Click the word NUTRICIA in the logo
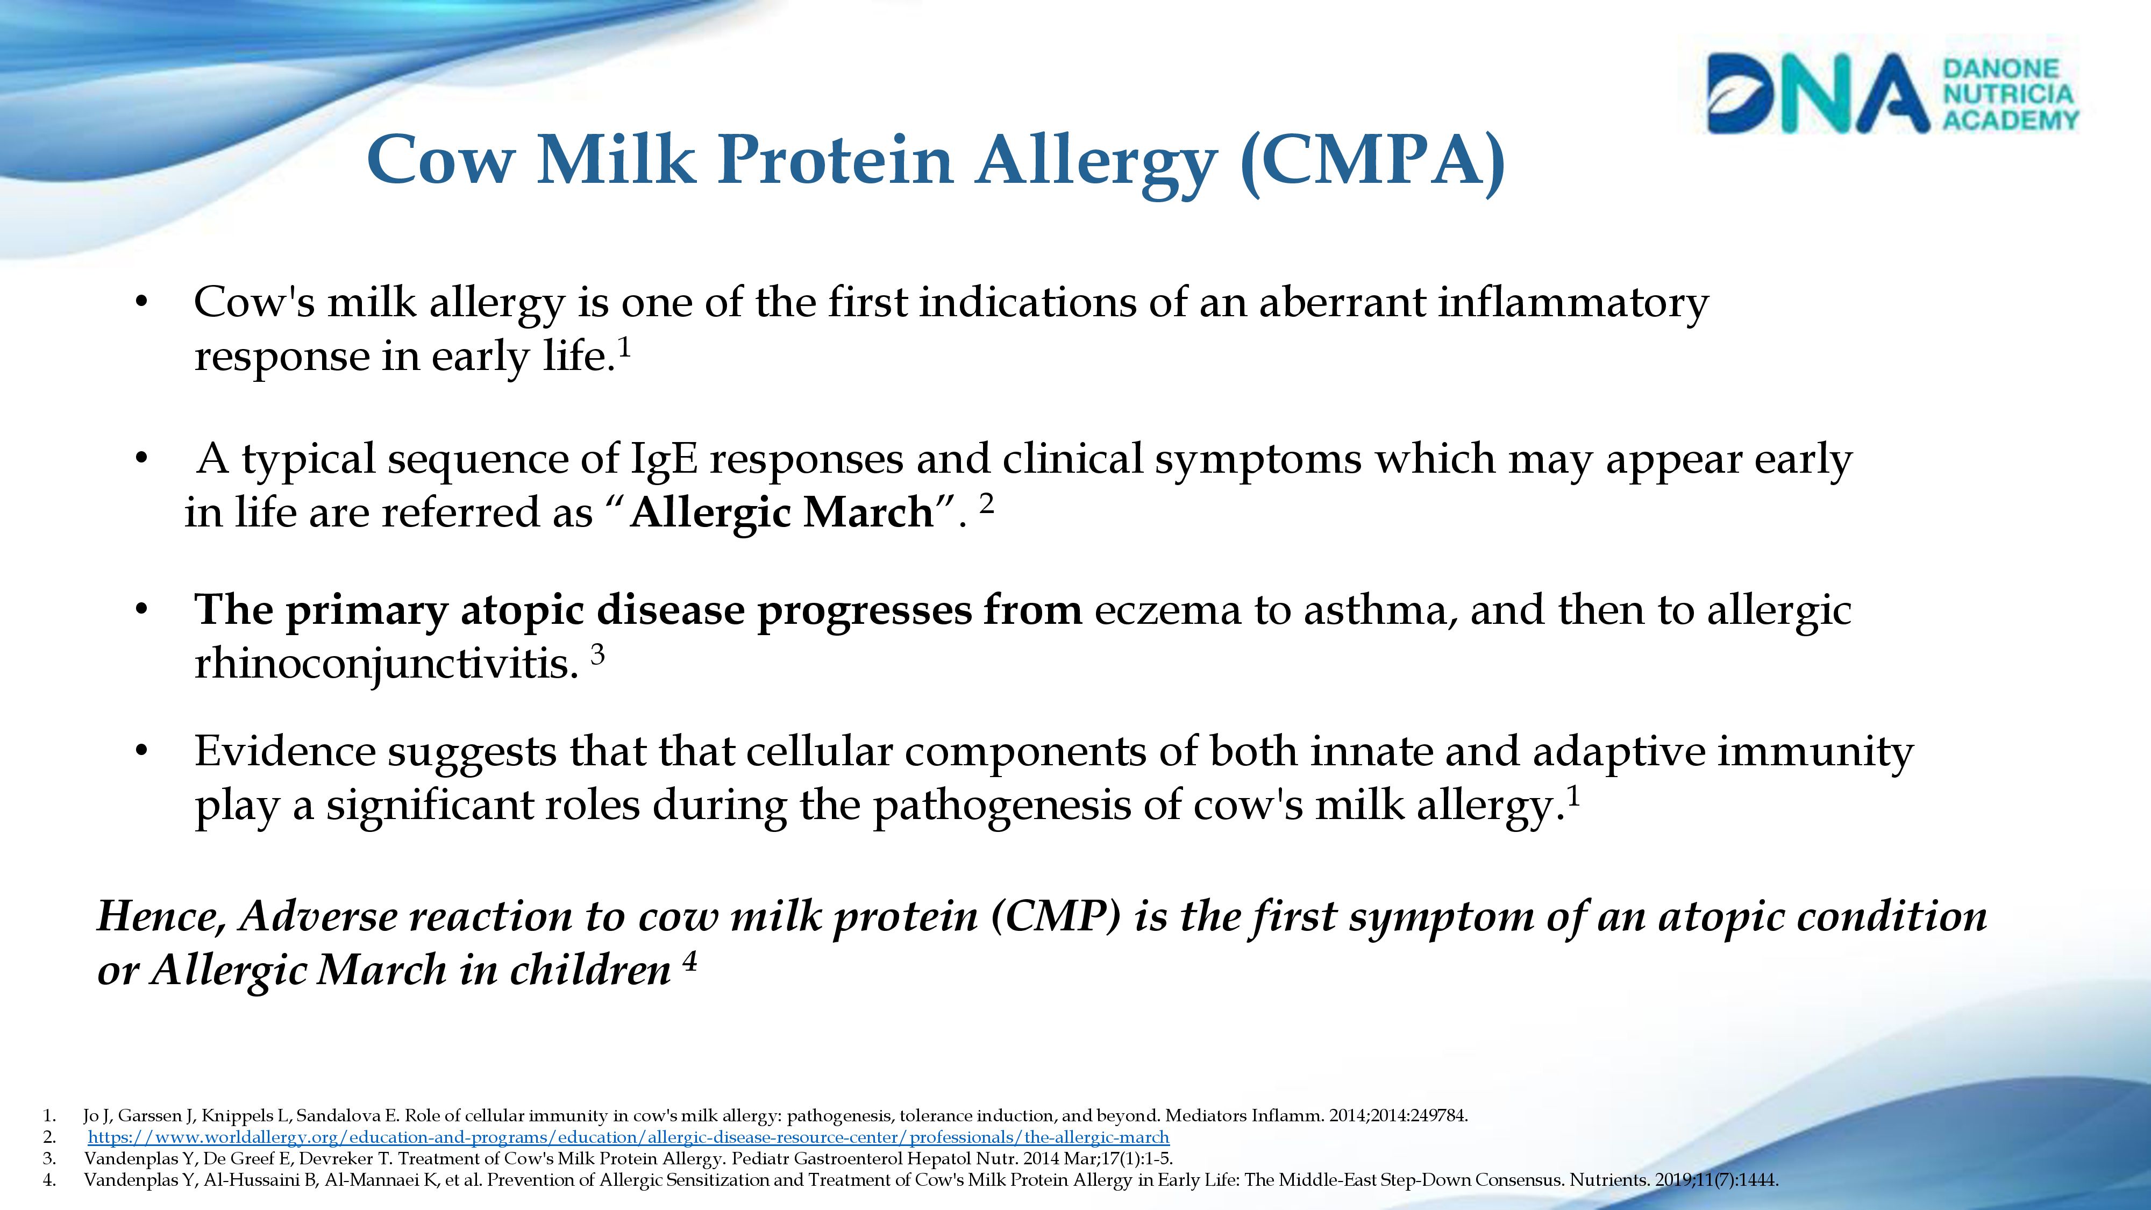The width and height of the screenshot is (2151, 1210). point(2008,94)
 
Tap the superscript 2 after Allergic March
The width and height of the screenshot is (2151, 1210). point(986,503)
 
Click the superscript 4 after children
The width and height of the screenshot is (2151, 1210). point(690,963)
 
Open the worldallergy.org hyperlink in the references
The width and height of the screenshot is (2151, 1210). point(628,1137)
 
